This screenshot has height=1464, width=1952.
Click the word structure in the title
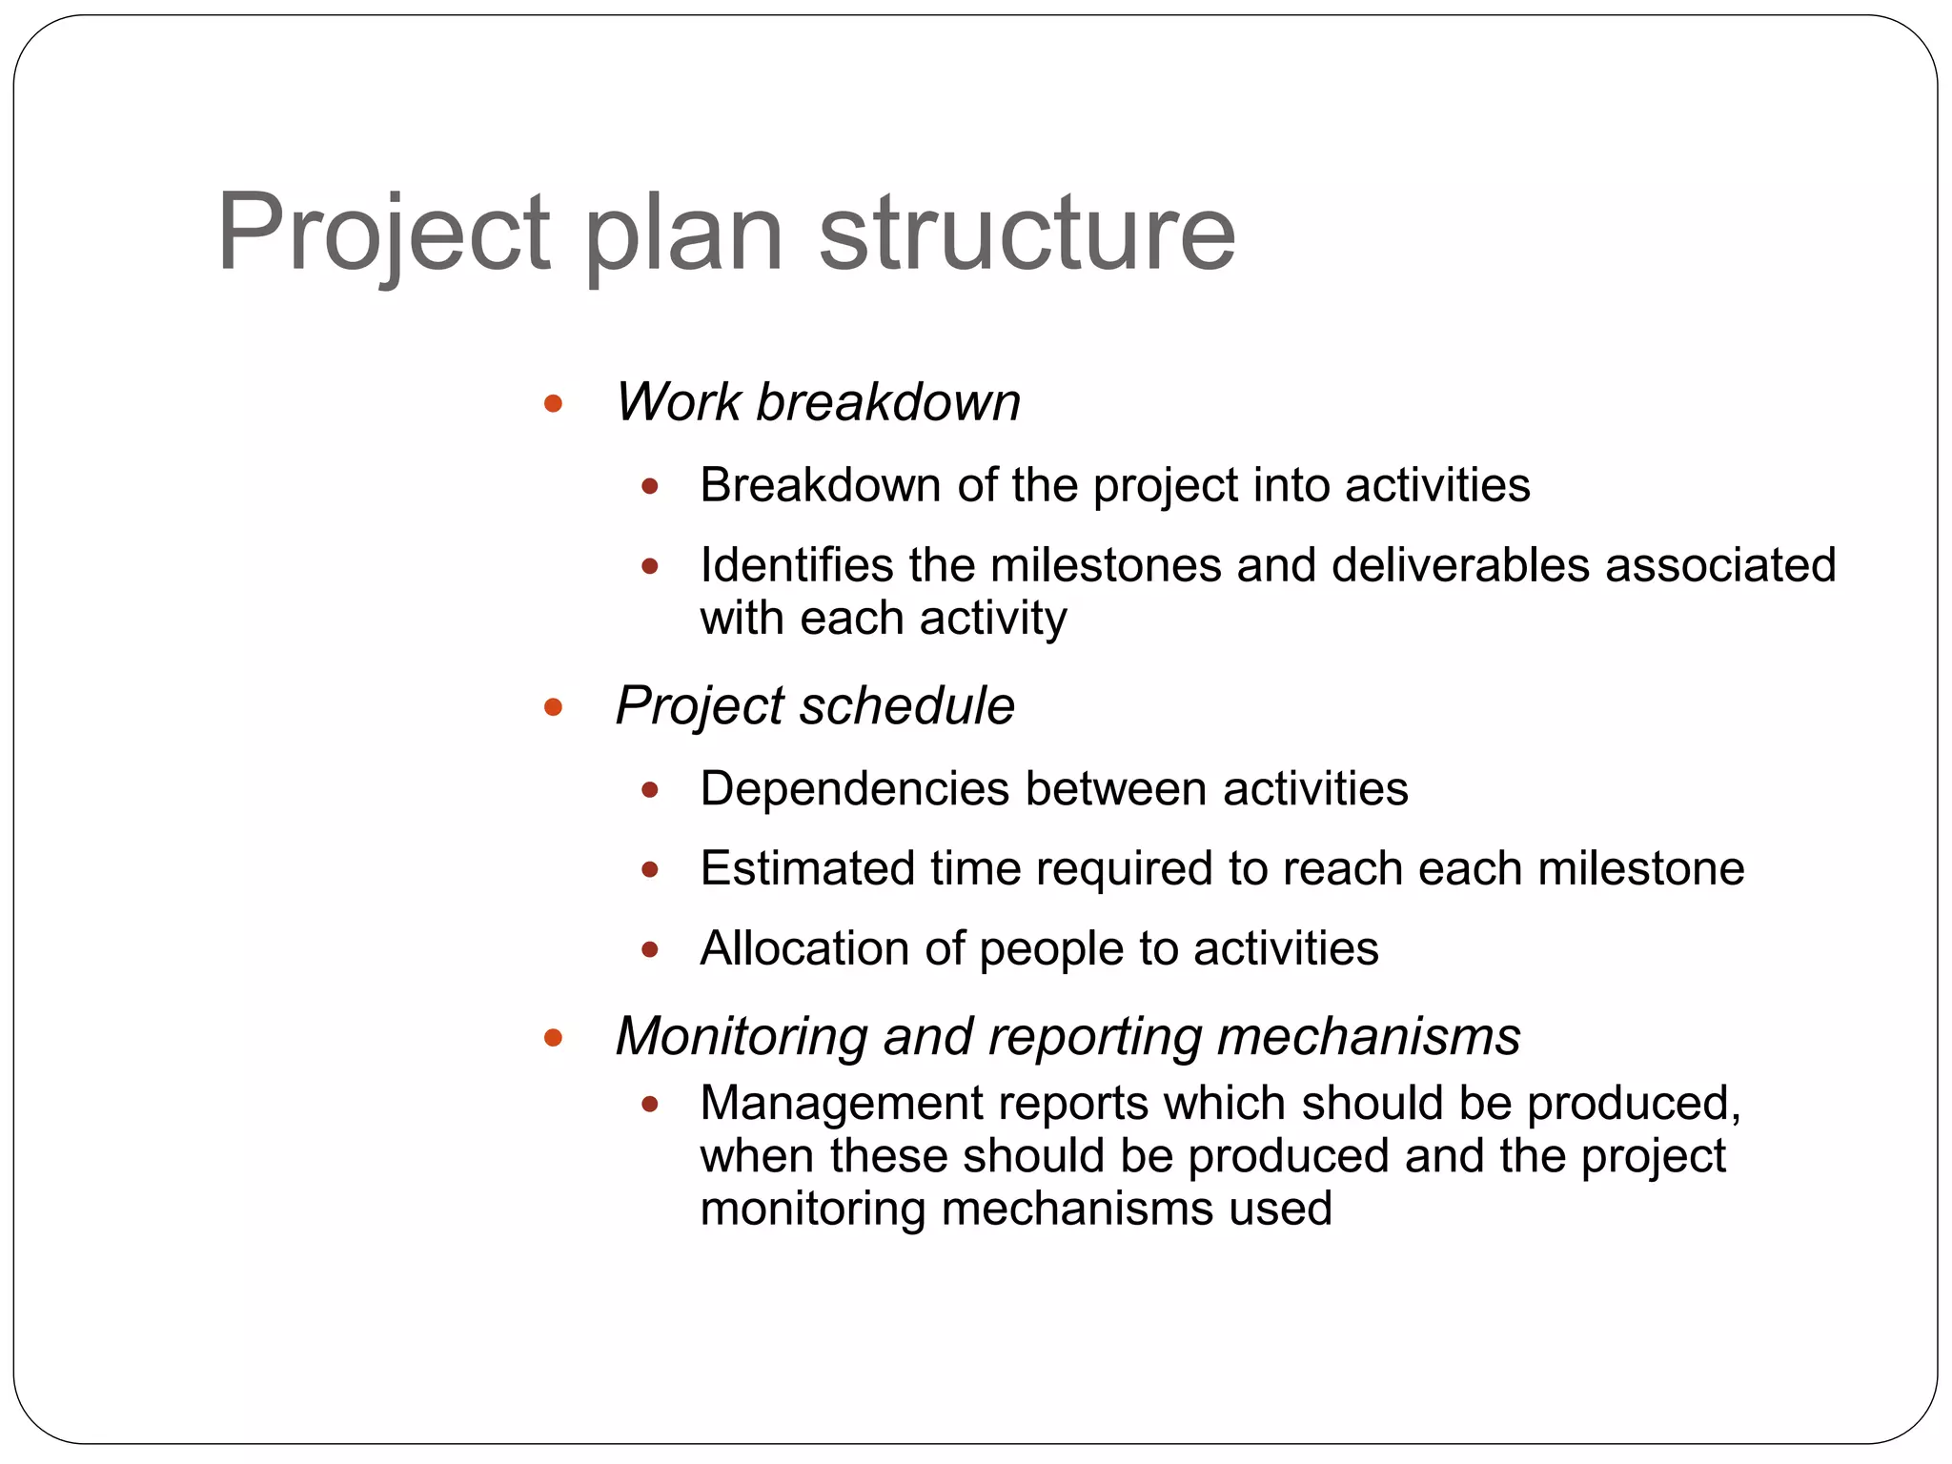(x=1027, y=234)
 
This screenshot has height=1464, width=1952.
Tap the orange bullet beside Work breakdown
(x=553, y=403)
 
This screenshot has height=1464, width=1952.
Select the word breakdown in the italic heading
(x=887, y=402)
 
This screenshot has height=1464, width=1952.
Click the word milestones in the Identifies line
(x=1106, y=565)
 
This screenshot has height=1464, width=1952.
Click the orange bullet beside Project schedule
(x=553, y=707)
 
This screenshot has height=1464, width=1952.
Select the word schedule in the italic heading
(x=906, y=706)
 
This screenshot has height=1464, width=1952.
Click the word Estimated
(x=807, y=869)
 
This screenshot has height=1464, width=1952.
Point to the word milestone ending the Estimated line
(x=1640, y=869)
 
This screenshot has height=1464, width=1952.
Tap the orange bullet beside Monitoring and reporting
(x=553, y=1037)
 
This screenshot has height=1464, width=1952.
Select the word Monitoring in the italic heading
(x=742, y=1037)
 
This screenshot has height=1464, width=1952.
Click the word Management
(x=842, y=1104)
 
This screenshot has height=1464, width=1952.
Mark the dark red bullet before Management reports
(x=650, y=1105)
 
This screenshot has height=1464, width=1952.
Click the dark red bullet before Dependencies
(x=650, y=790)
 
